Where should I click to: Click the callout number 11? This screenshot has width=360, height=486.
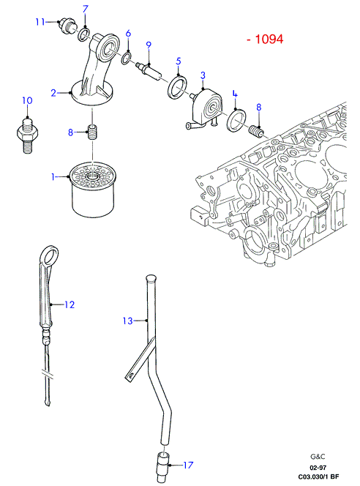coord(40,22)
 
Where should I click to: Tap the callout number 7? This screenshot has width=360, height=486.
coord(86,10)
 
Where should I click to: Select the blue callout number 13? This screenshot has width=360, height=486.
coord(127,321)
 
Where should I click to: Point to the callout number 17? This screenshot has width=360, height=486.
coord(188,465)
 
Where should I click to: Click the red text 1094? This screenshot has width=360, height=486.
coord(269,39)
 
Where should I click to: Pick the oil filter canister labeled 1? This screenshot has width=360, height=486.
coord(92,190)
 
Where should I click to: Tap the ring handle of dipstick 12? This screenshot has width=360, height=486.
coord(49,255)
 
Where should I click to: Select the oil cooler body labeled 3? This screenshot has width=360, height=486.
coord(206,107)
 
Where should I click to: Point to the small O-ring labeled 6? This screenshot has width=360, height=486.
coord(126,58)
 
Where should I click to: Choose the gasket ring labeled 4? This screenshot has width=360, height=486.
coord(237,121)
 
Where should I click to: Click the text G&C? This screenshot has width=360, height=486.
coord(318,456)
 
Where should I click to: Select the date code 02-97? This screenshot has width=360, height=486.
coord(318,468)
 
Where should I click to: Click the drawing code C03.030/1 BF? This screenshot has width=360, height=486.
coord(318,477)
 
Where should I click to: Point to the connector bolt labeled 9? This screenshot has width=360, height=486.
coord(149,70)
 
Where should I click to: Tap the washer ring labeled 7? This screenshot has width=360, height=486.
coord(83,34)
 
